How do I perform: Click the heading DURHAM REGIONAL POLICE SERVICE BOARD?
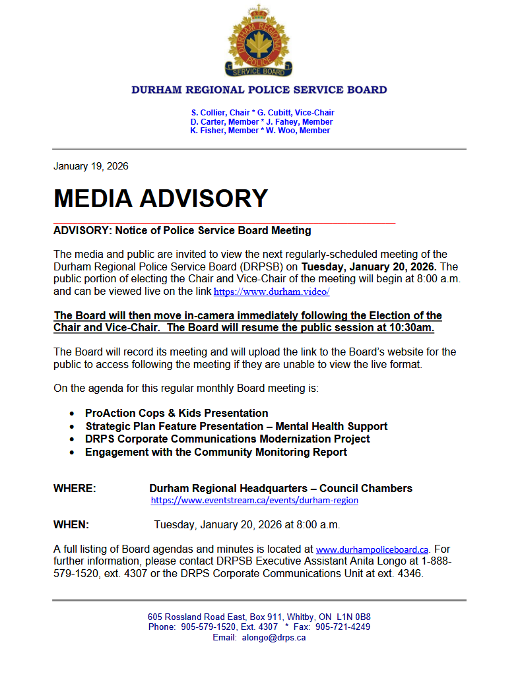tap(259, 90)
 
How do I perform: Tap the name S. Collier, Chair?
tap(220, 113)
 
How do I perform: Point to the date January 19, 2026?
tap(91, 166)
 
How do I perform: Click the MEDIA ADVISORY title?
tap(160, 199)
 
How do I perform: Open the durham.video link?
tap(271, 292)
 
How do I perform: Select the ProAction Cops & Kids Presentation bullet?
tap(176, 413)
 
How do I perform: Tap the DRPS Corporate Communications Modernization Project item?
tap(227, 439)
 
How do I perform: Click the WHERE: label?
tap(75, 489)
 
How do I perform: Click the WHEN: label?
tap(71, 525)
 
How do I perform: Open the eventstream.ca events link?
tap(254, 501)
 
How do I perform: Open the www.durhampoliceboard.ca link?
tap(372, 549)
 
